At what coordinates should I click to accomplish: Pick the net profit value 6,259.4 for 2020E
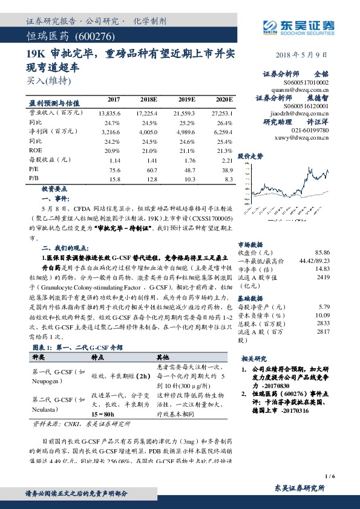(220, 130)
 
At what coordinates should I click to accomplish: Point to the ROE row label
(36, 149)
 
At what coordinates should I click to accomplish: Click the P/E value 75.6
(114, 170)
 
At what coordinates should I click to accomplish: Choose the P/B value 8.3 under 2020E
(227, 180)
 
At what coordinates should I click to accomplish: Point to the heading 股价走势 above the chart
(250, 155)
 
